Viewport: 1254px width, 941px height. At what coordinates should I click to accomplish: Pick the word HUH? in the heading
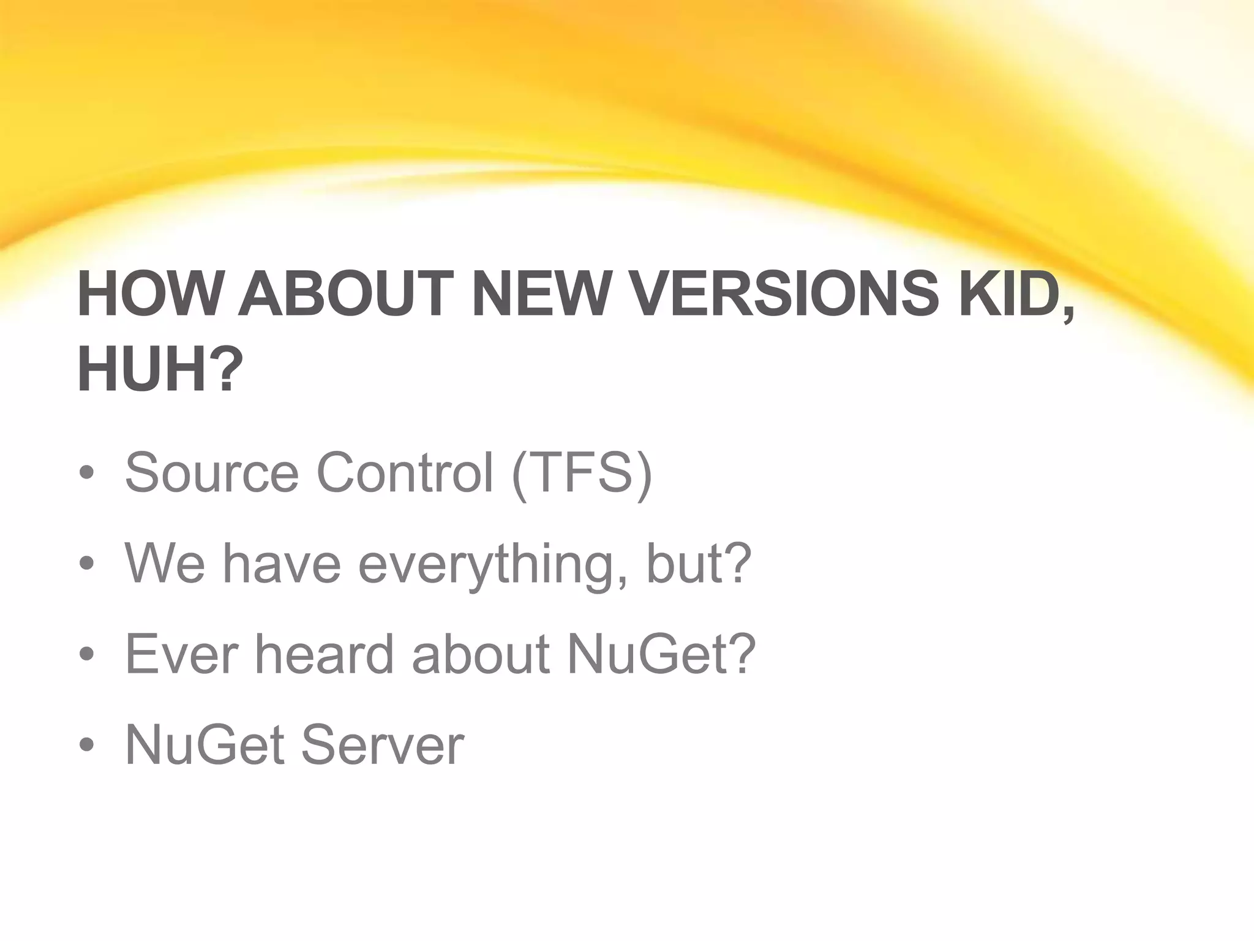point(160,370)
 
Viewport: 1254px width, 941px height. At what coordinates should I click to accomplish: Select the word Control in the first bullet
point(404,472)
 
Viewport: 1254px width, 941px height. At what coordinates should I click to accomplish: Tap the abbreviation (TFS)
point(582,474)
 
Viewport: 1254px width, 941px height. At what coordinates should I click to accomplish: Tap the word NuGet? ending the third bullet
point(661,654)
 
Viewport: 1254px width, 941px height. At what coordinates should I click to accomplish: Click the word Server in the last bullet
point(382,745)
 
